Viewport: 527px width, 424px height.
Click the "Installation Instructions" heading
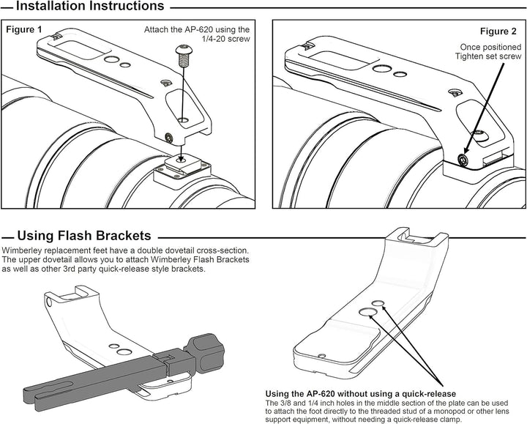coord(90,6)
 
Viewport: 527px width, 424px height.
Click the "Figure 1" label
coord(24,29)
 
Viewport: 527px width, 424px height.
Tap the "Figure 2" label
coord(498,31)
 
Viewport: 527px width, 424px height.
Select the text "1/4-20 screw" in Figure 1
coord(226,39)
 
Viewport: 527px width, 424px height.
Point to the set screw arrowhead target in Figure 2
coord(463,159)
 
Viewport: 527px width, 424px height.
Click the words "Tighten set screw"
coord(488,56)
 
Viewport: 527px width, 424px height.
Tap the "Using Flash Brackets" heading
coord(84,236)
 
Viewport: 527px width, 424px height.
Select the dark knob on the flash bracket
coord(206,352)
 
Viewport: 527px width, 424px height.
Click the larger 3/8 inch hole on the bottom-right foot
coord(367,312)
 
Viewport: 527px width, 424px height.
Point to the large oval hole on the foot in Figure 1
coord(111,59)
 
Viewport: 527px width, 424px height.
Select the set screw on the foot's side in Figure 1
coord(169,137)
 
